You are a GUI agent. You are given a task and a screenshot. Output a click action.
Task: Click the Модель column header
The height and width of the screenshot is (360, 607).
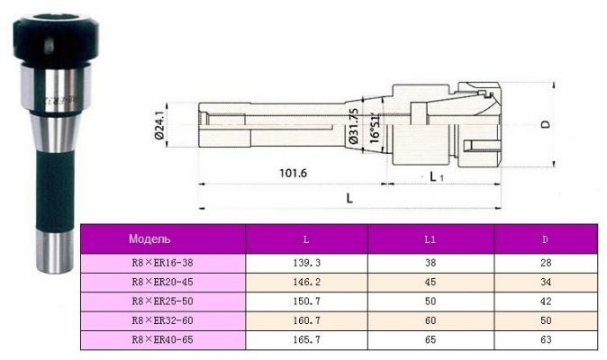[149, 238]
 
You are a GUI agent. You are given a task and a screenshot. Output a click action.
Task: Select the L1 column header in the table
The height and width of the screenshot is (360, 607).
[430, 239]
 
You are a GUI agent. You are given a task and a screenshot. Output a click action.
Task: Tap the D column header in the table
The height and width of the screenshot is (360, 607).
[546, 239]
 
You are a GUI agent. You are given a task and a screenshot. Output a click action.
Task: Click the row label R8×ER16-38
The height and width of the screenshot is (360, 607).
[162, 263]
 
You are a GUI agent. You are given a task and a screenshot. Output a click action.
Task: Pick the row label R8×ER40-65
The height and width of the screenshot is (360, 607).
[162, 340]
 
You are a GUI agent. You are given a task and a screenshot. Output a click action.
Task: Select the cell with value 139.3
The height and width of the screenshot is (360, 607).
[306, 263]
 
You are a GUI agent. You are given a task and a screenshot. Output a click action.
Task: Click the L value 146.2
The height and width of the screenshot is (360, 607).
[306, 283]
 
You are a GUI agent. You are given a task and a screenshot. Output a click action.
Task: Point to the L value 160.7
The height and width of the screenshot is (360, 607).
[306, 320]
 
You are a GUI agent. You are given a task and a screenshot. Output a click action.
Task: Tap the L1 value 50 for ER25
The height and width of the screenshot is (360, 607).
[430, 301]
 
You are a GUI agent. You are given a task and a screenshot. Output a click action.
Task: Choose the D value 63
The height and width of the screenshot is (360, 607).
[546, 340]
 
